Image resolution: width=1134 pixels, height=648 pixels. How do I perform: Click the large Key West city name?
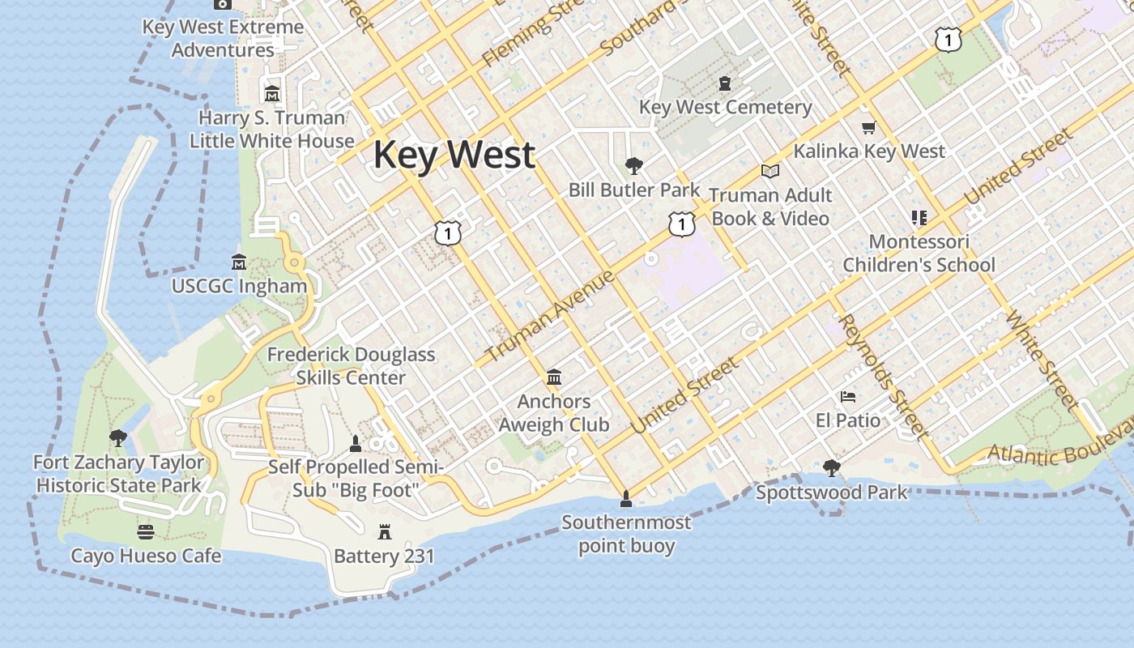point(454,155)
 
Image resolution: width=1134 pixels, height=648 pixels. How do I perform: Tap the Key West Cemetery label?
point(725,107)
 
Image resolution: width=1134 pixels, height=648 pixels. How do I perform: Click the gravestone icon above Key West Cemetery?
point(724,83)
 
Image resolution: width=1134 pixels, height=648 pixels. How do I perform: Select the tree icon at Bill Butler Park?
point(634,166)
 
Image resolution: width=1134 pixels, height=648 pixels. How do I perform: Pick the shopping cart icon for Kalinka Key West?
point(869,127)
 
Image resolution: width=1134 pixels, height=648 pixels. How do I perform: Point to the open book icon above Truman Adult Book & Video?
point(769,171)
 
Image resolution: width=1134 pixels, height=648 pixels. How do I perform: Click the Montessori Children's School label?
point(919,254)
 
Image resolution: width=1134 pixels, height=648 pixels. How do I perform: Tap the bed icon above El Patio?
point(848,397)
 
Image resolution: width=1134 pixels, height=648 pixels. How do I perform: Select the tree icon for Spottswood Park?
point(831,467)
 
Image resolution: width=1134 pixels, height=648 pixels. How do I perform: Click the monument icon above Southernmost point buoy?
point(625,497)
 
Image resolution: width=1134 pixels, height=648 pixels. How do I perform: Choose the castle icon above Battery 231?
point(385,531)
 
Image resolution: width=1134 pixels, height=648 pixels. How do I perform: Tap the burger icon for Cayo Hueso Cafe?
point(146,531)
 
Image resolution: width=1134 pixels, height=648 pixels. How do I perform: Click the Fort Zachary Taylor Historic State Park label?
point(118,474)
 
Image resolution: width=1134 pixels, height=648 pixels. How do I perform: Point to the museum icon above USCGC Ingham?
point(239,262)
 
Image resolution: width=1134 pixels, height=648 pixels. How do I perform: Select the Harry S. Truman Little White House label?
point(271,130)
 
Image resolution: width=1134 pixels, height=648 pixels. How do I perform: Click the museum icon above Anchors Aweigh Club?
point(554,377)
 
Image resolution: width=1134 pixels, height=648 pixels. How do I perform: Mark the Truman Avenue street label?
point(550,316)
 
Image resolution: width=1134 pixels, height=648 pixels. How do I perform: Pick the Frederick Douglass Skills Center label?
point(351,366)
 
